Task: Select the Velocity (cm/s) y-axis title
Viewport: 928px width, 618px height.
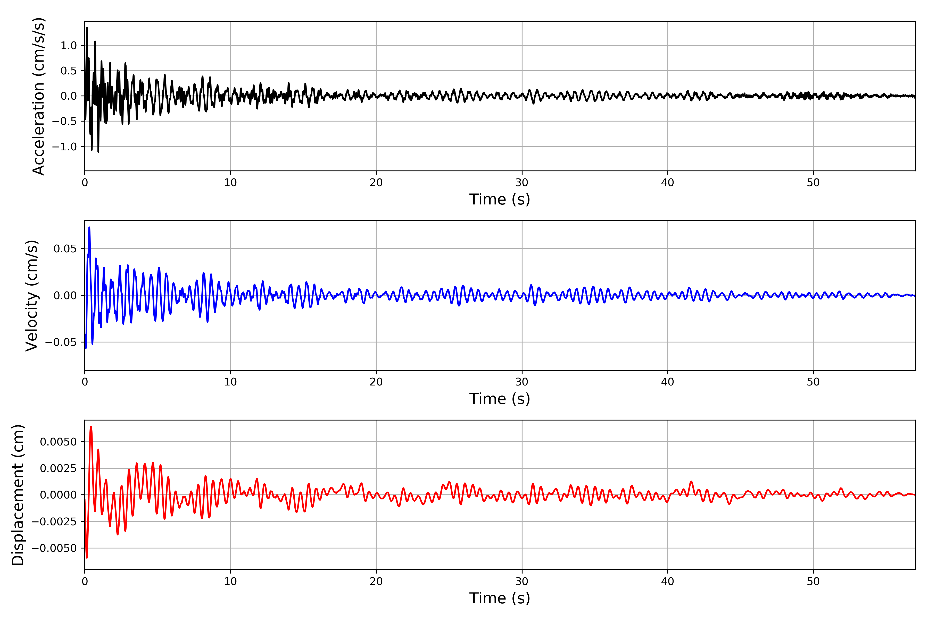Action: [31, 296]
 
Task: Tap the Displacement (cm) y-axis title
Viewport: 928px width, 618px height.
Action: [18, 495]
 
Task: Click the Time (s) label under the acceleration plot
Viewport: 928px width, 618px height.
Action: [500, 199]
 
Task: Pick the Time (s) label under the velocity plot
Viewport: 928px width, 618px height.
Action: [500, 399]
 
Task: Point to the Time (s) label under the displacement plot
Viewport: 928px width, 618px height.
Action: [500, 598]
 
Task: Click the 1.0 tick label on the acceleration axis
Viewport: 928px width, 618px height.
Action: [69, 46]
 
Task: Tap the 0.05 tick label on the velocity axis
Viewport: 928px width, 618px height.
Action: [65, 249]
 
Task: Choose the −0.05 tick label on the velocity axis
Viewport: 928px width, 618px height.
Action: [61, 342]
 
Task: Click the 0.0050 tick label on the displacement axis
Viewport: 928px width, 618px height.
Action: [59, 442]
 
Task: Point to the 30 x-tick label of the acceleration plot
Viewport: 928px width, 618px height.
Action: [521, 183]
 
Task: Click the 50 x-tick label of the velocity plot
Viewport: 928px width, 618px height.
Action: [813, 382]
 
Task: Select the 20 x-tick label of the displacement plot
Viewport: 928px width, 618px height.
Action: [376, 581]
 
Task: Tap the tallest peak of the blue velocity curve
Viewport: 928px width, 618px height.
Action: [89, 227]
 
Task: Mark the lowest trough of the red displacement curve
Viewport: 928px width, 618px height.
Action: [87, 557]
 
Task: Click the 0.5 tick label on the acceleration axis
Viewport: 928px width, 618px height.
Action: [69, 71]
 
